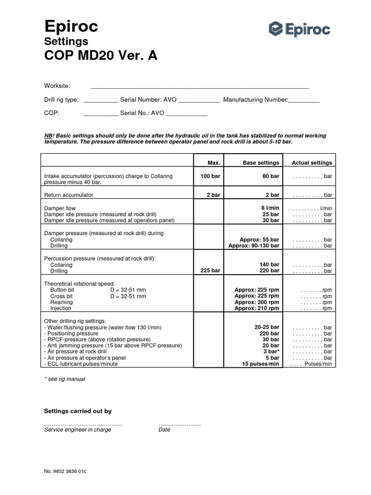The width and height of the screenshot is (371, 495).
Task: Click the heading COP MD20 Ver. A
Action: [100, 56]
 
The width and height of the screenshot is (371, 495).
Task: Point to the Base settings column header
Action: [261, 163]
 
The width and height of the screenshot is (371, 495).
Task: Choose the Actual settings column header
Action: [312, 163]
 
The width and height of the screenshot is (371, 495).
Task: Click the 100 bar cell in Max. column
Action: [210, 176]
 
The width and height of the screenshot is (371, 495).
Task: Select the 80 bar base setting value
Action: [271, 176]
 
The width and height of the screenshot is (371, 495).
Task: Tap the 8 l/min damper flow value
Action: [270, 208]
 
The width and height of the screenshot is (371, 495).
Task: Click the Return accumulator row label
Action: [69, 195]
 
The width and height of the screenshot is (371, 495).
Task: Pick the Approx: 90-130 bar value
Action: [254, 246]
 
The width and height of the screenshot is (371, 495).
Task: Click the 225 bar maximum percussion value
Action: [210, 271]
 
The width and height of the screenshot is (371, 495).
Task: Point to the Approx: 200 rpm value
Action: [257, 302]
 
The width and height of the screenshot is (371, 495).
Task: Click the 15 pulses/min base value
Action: [261, 364]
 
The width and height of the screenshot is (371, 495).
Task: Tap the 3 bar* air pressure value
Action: [271, 351]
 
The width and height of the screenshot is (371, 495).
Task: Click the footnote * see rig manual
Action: [64, 379]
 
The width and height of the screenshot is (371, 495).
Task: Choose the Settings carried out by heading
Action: [78, 411]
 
